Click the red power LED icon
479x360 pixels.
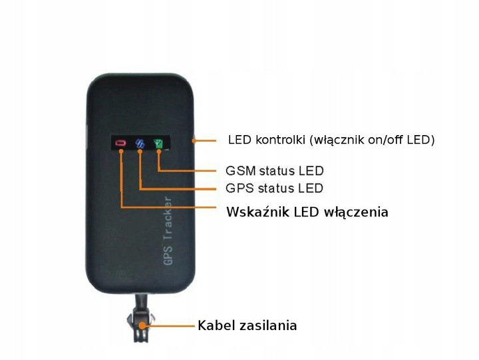tap(120, 142)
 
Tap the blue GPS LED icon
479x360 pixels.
tap(140, 142)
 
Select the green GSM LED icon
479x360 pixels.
tap(158, 142)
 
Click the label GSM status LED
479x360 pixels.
tap(274, 172)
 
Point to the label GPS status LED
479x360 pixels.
tap(274, 188)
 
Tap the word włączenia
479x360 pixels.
tap(356, 212)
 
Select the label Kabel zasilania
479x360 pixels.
tap(247, 326)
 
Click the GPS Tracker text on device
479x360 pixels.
tap(168, 232)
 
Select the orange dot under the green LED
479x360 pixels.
tap(158, 152)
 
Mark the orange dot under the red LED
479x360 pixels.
tap(120, 152)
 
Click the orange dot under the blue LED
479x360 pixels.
tap(140, 152)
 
